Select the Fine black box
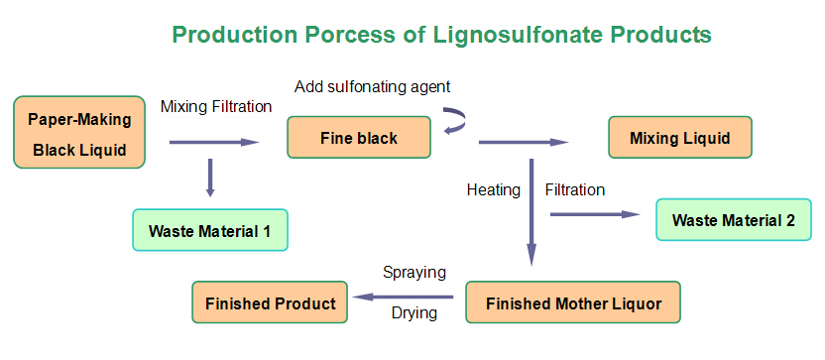pyautogui.click(x=359, y=138)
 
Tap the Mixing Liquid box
pyautogui.click(x=679, y=138)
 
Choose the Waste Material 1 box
pyautogui.click(x=209, y=230)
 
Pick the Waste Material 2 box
pyautogui.click(x=733, y=220)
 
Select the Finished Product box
pyautogui.click(x=270, y=302)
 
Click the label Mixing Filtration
pyautogui.click(x=216, y=106)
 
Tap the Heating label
pyautogui.click(x=493, y=190)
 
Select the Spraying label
pyautogui.click(x=414, y=272)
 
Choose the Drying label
pyautogui.click(x=411, y=315)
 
